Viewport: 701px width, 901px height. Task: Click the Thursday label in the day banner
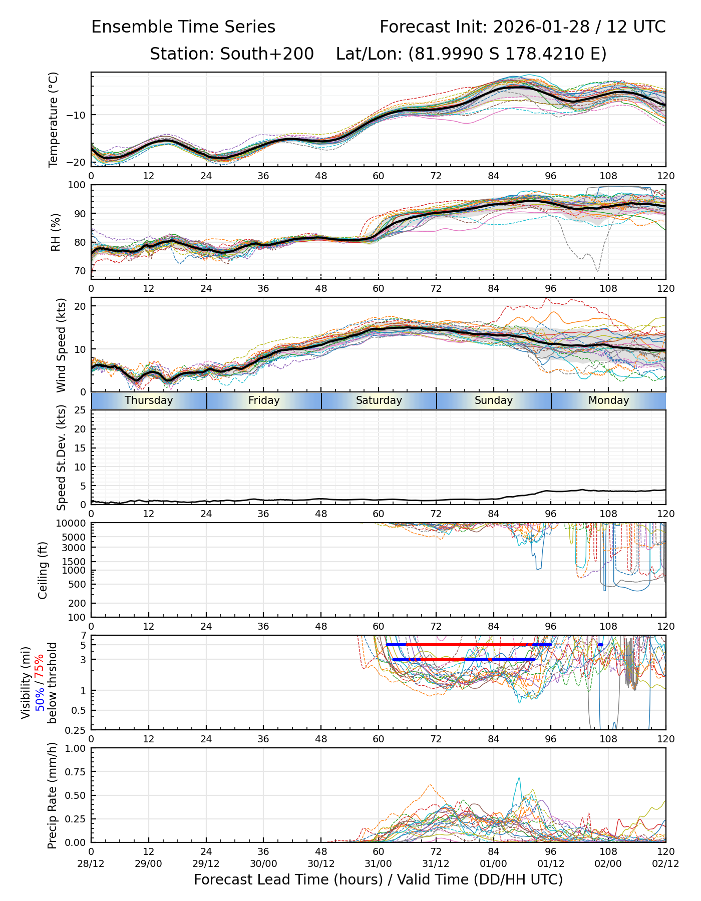click(149, 400)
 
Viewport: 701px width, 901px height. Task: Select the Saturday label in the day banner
click(379, 400)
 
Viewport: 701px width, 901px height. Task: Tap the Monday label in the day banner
click(608, 400)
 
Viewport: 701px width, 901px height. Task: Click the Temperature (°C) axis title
click(54, 119)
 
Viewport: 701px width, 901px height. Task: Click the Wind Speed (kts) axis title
click(61, 345)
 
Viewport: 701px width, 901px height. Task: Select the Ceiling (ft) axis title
click(43, 570)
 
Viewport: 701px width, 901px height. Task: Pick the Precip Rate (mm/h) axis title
click(52, 795)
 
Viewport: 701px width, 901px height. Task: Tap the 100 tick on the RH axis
click(77, 185)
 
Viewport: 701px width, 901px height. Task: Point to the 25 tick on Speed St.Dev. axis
click(81, 410)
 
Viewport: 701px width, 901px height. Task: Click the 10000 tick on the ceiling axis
click(73, 524)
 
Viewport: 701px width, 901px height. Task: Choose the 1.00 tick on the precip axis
click(75, 748)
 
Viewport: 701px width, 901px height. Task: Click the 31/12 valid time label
click(436, 863)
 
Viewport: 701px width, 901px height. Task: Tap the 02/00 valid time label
click(608, 863)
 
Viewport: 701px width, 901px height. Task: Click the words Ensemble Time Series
click(183, 27)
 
